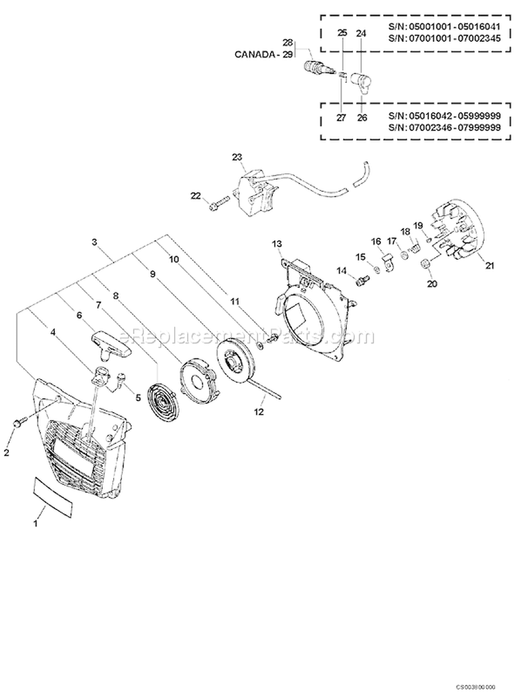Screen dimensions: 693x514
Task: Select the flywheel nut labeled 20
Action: [425, 263]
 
